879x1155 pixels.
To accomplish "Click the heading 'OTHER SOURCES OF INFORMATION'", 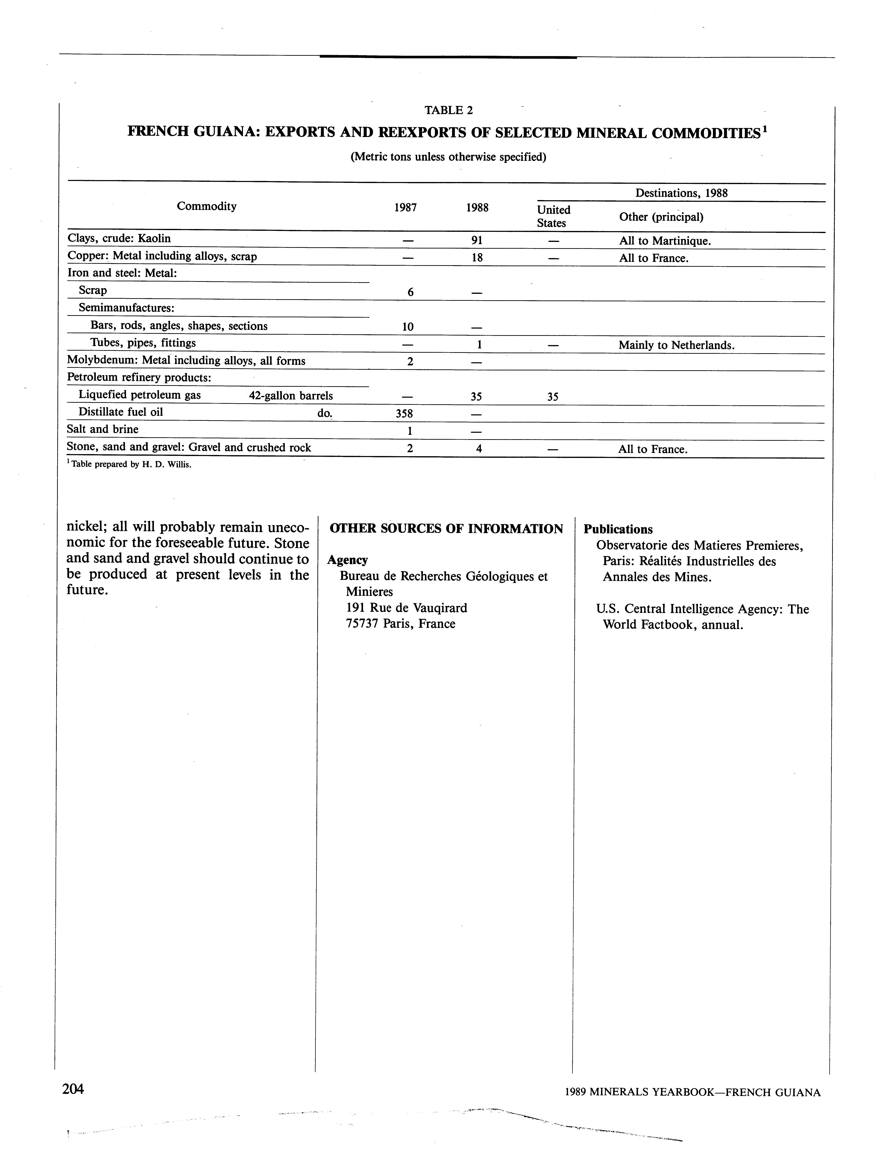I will click(x=446, y=529).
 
